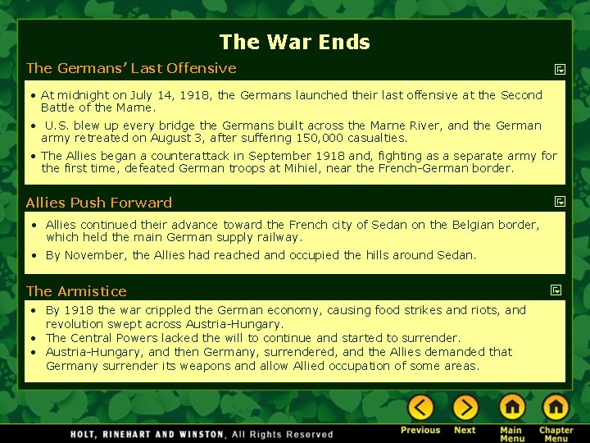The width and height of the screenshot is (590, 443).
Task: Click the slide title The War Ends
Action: [294, 42]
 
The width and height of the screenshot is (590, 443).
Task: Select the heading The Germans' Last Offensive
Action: [131, 68]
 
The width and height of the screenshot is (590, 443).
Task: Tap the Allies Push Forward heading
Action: [99, 203]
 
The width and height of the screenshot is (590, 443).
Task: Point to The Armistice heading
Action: [76, 291]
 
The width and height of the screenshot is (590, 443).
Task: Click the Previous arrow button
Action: [420, 408]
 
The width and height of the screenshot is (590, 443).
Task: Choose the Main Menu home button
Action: [512, 408]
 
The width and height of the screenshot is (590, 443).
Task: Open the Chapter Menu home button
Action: [556, 408]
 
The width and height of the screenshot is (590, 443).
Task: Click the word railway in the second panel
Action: [279, 237]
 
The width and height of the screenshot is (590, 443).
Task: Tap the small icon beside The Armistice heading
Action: [556, 290]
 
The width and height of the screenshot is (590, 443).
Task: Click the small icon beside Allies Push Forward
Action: [559, 201]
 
